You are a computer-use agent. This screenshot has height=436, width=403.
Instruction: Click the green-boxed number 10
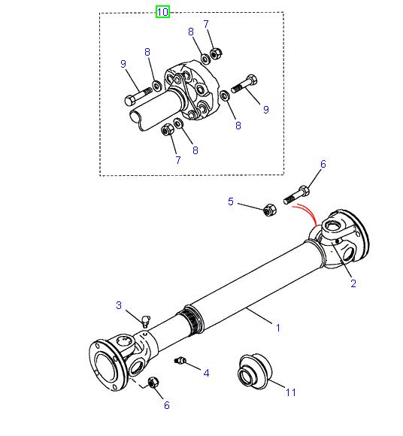tap(163, 11)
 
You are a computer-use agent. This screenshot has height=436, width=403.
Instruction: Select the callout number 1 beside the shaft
tap(277, 327)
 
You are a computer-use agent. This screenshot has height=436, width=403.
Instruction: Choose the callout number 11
tap(291, 391)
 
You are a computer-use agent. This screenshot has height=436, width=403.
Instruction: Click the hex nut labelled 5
tap(268, 210)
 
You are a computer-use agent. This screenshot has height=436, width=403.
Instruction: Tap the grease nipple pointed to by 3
tap(144, 320)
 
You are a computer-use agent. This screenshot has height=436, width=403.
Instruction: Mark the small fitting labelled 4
tap(180, 362)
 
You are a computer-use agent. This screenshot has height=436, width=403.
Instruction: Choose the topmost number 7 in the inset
tap(206, 25)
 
